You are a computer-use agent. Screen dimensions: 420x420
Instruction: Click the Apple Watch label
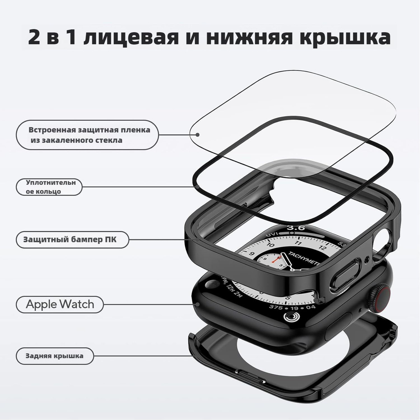point(60,304)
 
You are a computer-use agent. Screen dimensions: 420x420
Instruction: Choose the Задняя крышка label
point(55,356)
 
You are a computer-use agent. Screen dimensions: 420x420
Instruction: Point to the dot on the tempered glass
point(197,135)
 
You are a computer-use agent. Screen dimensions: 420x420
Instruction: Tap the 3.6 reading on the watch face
point(296,228)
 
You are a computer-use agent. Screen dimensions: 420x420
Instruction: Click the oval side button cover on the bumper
point(345,275)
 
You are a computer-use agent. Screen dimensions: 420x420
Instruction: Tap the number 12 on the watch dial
point(323,247)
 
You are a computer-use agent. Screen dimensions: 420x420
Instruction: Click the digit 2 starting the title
point(34,37)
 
